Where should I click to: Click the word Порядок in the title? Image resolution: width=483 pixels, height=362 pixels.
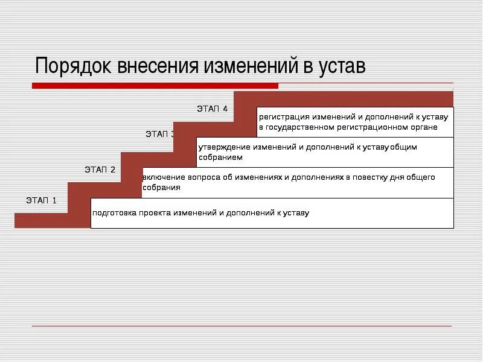coord(73,66)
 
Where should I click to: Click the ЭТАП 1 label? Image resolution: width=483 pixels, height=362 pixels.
coord(41,200)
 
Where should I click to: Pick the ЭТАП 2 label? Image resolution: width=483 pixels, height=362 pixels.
coord(100,169)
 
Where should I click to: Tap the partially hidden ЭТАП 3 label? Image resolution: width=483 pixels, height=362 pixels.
coord(159,134)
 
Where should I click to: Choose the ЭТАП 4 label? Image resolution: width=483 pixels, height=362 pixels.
coord(212,109)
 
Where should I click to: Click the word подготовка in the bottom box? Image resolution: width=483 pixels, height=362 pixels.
coord(115,213)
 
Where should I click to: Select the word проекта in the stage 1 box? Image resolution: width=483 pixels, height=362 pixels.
coord(158,213)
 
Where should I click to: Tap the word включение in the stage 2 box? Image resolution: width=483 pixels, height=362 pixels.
coord(164,178)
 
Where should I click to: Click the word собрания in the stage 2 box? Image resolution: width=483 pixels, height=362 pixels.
coord(161,188)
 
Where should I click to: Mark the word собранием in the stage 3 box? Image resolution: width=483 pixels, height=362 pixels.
coord(220,157)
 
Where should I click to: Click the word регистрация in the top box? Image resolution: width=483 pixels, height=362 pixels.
coord(284,116)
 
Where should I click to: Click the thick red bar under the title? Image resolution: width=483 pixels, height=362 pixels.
coord(155,86)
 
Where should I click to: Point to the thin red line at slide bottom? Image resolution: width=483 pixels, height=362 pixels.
coord(241,326)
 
